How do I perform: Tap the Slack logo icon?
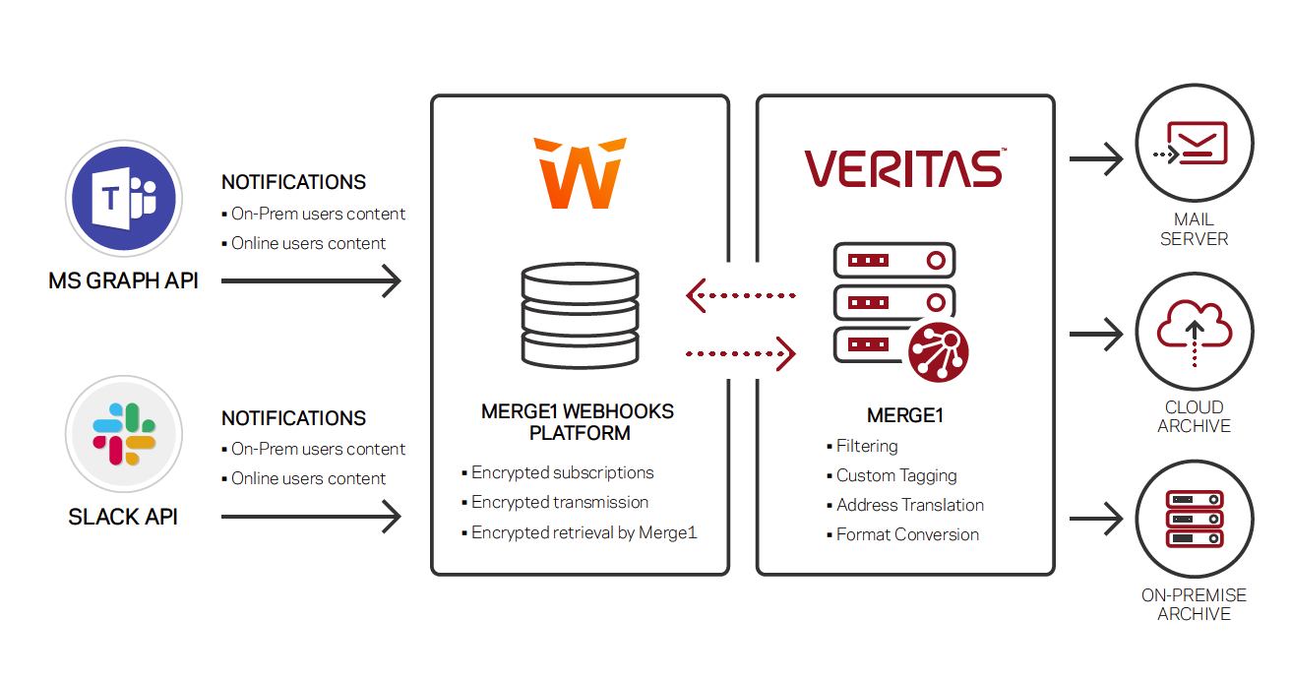(x=124, y=434)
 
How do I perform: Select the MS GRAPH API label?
(x=123, y=281)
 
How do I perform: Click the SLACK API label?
(x=123, y=518)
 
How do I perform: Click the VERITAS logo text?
(x=903, y=168)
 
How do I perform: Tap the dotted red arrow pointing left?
(x=740, y=294)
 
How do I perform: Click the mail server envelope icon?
(x=1194, y=144)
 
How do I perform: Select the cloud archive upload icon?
(x=1194, y=332)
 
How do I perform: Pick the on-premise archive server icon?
(x=1194, y=519)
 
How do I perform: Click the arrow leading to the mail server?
(x=1096, y=157)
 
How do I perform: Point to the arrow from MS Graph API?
(x=311, y=281)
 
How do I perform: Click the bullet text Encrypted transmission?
(x=559, y=503)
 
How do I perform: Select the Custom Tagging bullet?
(x=895, y=476)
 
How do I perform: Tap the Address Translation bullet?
(x=909, y=506)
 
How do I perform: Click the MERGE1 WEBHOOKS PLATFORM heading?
(x=578, y=422)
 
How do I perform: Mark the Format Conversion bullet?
(x=907, y=535)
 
